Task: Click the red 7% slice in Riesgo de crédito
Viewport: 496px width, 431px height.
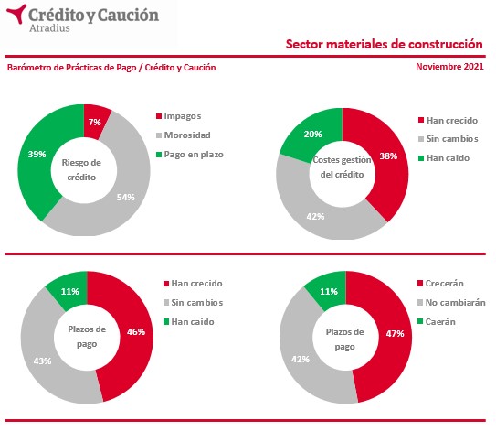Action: pos(96,122)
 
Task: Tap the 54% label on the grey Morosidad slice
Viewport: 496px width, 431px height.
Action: pos(125,198)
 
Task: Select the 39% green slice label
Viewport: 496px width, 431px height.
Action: pos(37,155)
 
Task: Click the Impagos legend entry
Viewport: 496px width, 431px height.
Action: pos(179,116)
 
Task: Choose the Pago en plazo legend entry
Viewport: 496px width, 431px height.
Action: pos(190,155)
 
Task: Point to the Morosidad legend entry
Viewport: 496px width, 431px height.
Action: pos(184,135)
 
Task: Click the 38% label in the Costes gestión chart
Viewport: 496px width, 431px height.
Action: pos(388,156)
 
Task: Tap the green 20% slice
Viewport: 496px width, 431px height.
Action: pos(311,134)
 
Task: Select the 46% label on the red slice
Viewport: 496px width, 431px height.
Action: pos(136,332)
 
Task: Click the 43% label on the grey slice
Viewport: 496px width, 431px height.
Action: pos(42,361)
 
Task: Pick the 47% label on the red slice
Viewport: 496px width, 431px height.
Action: pos(395,333)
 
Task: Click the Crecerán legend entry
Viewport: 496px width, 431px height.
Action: pos(440,284)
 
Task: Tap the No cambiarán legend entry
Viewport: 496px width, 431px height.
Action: pos(452,303)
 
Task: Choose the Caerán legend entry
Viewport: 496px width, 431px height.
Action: pos(437,322)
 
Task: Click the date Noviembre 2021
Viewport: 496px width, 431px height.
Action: pos(449,67)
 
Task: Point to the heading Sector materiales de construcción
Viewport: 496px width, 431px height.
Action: pos(384,44)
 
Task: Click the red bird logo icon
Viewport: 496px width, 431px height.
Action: pos(16,14)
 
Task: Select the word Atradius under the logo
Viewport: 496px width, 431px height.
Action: pos(49,28)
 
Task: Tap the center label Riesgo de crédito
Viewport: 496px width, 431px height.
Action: pos(81,170)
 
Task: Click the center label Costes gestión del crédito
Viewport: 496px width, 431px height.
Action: pos(342,167)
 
